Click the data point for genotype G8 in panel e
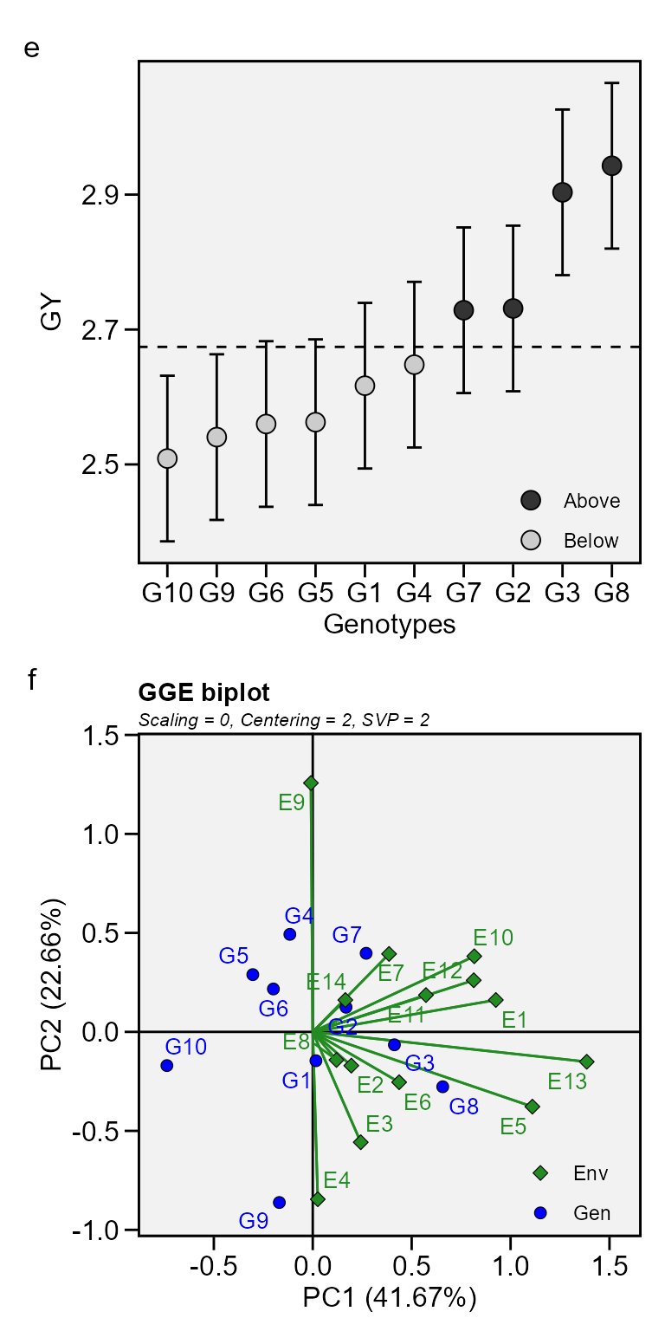point(611,166)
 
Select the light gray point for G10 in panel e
point(167,458)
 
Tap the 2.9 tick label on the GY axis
point(100,195)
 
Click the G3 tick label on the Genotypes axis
point(562,594)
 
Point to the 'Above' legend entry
point(591,501)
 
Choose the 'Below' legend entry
point(591,541)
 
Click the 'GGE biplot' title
point(203,692)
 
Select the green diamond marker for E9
point(311,782)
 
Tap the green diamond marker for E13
point(586,1062)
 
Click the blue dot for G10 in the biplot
point(166,1065)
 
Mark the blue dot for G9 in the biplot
point(279,1202)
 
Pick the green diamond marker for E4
point(318,1199)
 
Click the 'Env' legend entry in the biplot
point(591,1173)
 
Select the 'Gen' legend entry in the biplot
point(591,1213)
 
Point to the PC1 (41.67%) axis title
point(389,1298)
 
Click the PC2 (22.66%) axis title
point(54,983)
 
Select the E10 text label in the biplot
point(493,937)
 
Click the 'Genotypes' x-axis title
point(389,624)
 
